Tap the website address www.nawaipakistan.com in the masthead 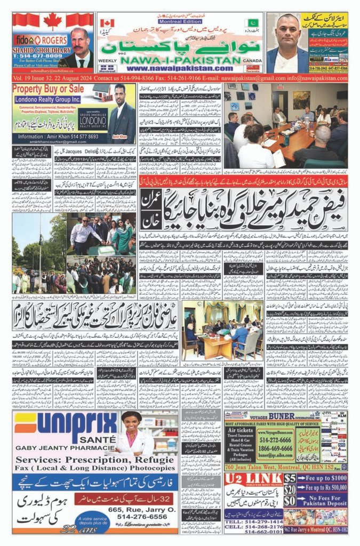[181, 68]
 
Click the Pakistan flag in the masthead [253, 23]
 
